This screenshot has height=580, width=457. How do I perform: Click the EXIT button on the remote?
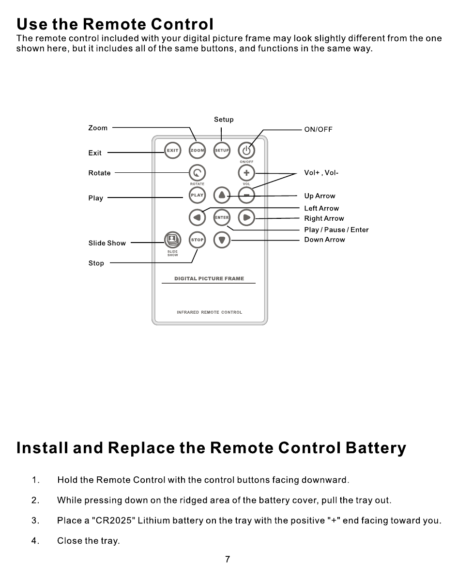coord(172,151)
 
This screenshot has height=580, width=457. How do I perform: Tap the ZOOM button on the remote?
coord(197,151)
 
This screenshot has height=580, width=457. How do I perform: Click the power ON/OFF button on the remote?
coord(246,151)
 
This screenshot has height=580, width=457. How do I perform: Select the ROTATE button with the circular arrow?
coord(197,173)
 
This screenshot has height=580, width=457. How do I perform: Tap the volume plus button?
coord(246,173)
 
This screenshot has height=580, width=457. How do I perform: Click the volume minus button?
coord(246,195)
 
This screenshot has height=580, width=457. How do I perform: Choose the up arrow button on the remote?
coord(222,195)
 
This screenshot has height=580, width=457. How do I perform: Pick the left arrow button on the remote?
coord(197,217)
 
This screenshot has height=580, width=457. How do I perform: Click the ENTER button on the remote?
coord(222,217)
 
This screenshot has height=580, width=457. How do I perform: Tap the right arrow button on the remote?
coord(246,217)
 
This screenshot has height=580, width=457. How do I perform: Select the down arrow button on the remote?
coord(222,240)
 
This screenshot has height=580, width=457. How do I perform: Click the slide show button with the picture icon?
coord(172,240)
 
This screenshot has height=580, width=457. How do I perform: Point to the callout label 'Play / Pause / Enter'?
coord(336,229)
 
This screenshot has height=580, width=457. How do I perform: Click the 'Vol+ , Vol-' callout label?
coord(321,173)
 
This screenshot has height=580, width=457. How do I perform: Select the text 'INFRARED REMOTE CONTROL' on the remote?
coord(209,312)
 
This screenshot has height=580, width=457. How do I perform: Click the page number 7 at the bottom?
coord(228,560)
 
